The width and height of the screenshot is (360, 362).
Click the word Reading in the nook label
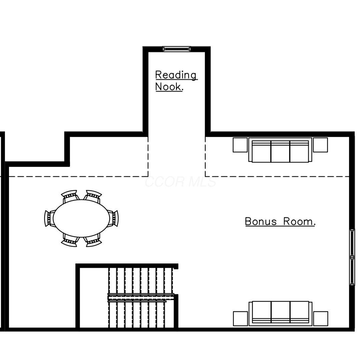pyautogui.click(x=176, y=75)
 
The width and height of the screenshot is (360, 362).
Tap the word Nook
pyautogui.click(x=169, y=87)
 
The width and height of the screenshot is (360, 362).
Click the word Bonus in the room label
pyautogui.click(x=261, y=221)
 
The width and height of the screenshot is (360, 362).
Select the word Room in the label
pyautogui.click(x=299, y=221)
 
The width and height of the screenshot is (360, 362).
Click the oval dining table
pyautogui.click(x=81, y=218)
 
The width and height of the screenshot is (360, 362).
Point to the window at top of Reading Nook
pyautogui.click(x=177, y=49)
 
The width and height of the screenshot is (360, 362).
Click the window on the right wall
pyautogui.click(x=352, y=257)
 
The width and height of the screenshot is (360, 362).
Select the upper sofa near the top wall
pyautogui.click(x=280, y=150)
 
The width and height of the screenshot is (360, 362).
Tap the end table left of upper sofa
pyautogui.click(x=240, y=145)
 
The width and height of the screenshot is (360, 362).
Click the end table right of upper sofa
pyautogui.click(x=320, y=145)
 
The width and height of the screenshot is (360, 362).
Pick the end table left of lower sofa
pyautogui.click(x=240, y=319)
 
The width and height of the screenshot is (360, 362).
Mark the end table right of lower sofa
pyautogui.click(x=321, y=319)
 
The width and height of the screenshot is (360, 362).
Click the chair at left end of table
pyautogui.click(x=49, y=218)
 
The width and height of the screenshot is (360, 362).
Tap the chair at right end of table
pyautogui.click(x=114, y=218)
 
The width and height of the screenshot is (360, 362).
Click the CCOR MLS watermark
pyautogui.click(x=181, y=182)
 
